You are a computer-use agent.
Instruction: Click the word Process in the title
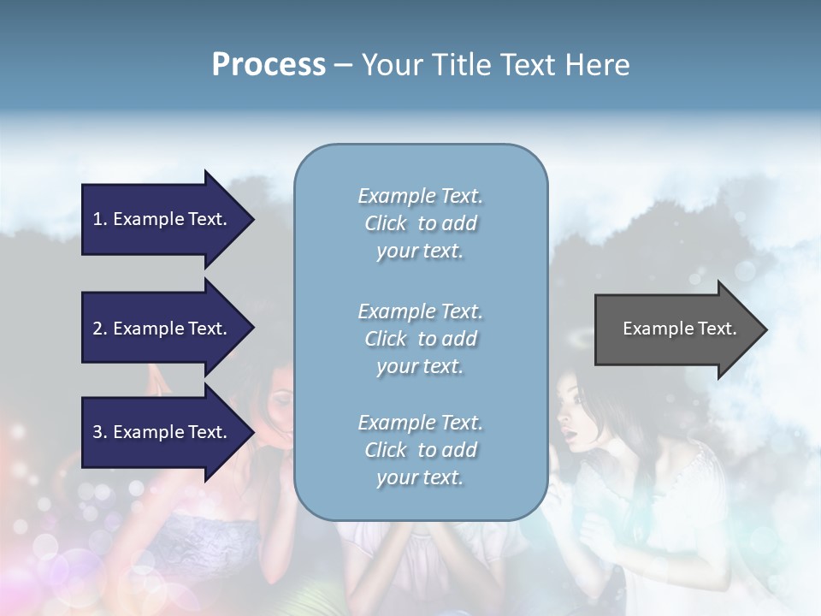269,65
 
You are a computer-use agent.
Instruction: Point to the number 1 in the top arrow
97,219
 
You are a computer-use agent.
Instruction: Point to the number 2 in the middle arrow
97,329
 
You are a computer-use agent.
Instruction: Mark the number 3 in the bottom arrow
97,432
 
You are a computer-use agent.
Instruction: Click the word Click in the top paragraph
386,223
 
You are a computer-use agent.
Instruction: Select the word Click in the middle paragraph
386,339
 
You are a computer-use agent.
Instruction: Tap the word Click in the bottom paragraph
386,450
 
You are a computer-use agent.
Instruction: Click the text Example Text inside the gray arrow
679,329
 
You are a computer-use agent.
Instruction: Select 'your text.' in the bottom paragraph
420,477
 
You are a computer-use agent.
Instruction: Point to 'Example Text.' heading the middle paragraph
420,311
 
